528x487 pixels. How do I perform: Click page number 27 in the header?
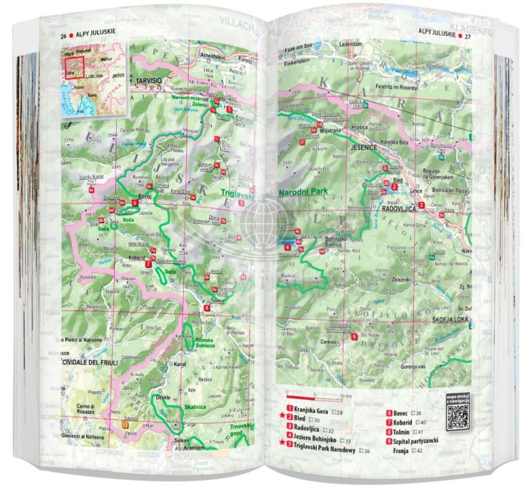[x=467, y=32]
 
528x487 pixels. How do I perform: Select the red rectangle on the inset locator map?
[x=75, y=68]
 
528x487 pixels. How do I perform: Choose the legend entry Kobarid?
[x=408, y=422]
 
